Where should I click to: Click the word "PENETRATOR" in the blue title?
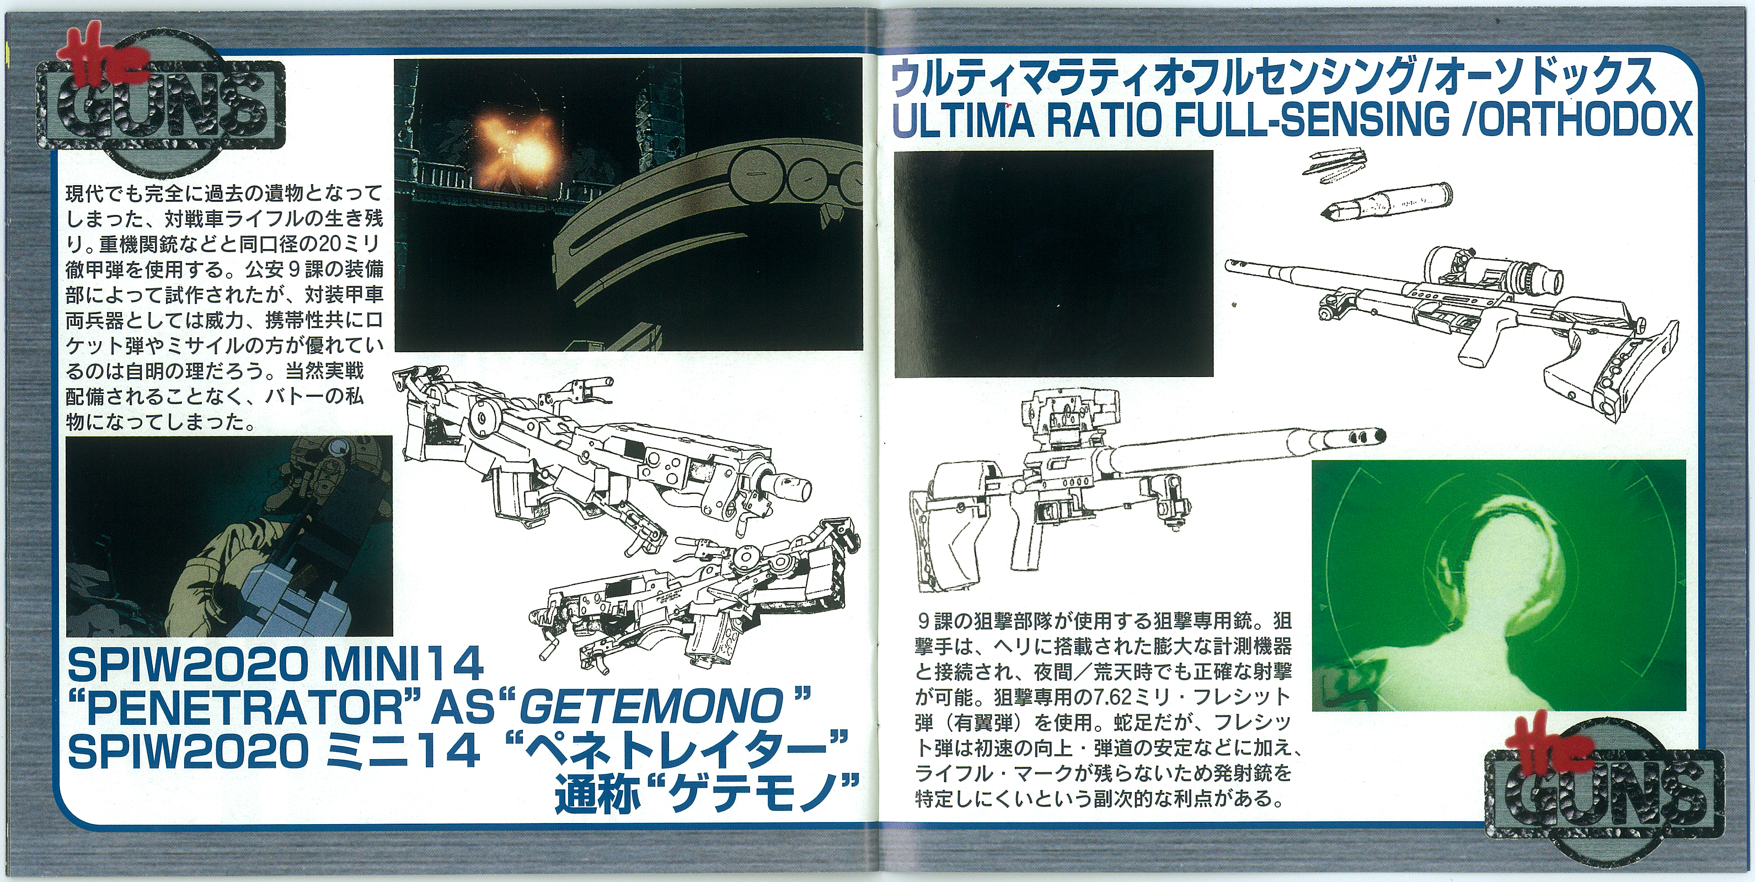244,707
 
